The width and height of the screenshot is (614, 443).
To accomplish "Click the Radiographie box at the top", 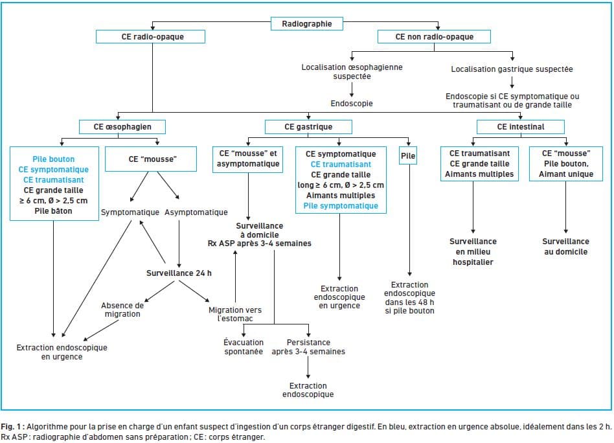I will point(307,24).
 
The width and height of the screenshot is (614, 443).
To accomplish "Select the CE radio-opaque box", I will point(152,37).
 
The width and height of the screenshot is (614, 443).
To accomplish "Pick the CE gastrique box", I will point(308,126).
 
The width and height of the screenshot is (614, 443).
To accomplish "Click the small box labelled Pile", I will point(409,156).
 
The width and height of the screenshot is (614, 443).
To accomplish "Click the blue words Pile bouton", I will point(53,159).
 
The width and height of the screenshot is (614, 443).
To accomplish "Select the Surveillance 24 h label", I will point(179,273).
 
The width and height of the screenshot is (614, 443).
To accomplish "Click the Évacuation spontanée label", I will point(243,346).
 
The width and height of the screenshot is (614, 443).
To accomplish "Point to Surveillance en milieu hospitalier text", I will point(473,251).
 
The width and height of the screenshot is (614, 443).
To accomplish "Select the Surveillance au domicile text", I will point(565,246).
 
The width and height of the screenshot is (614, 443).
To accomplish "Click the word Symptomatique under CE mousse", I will point(130,212).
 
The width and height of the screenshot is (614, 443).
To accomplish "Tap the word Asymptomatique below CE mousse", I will point(196,212).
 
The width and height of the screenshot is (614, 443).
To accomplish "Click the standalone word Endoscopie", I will point(352,103).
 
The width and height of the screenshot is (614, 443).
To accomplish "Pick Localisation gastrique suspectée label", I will point(512,69).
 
